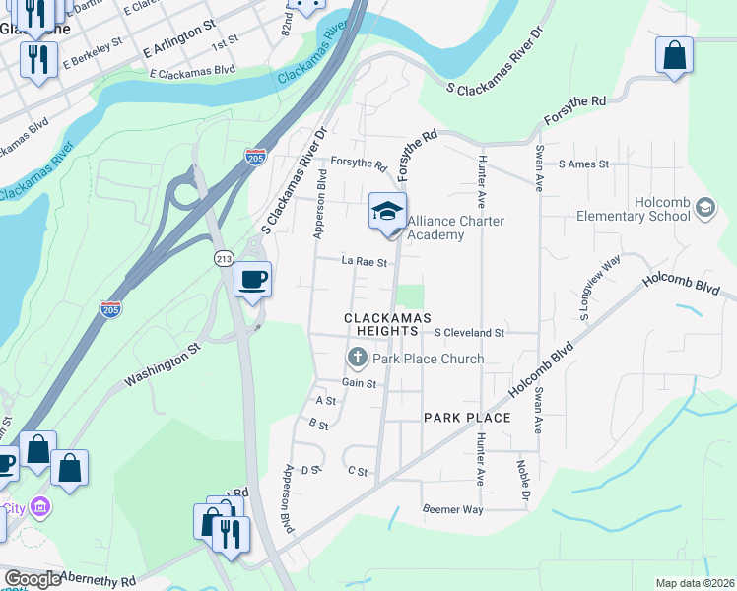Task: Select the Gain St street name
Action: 360,382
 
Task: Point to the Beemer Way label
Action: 453,509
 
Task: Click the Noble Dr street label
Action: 523,478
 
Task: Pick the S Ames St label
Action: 583,164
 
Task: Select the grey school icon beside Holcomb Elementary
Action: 704,207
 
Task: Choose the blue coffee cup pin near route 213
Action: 253,280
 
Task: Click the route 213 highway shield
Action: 224,258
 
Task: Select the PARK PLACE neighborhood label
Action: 467,418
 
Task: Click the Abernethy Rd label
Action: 98,580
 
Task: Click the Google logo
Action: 33,579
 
